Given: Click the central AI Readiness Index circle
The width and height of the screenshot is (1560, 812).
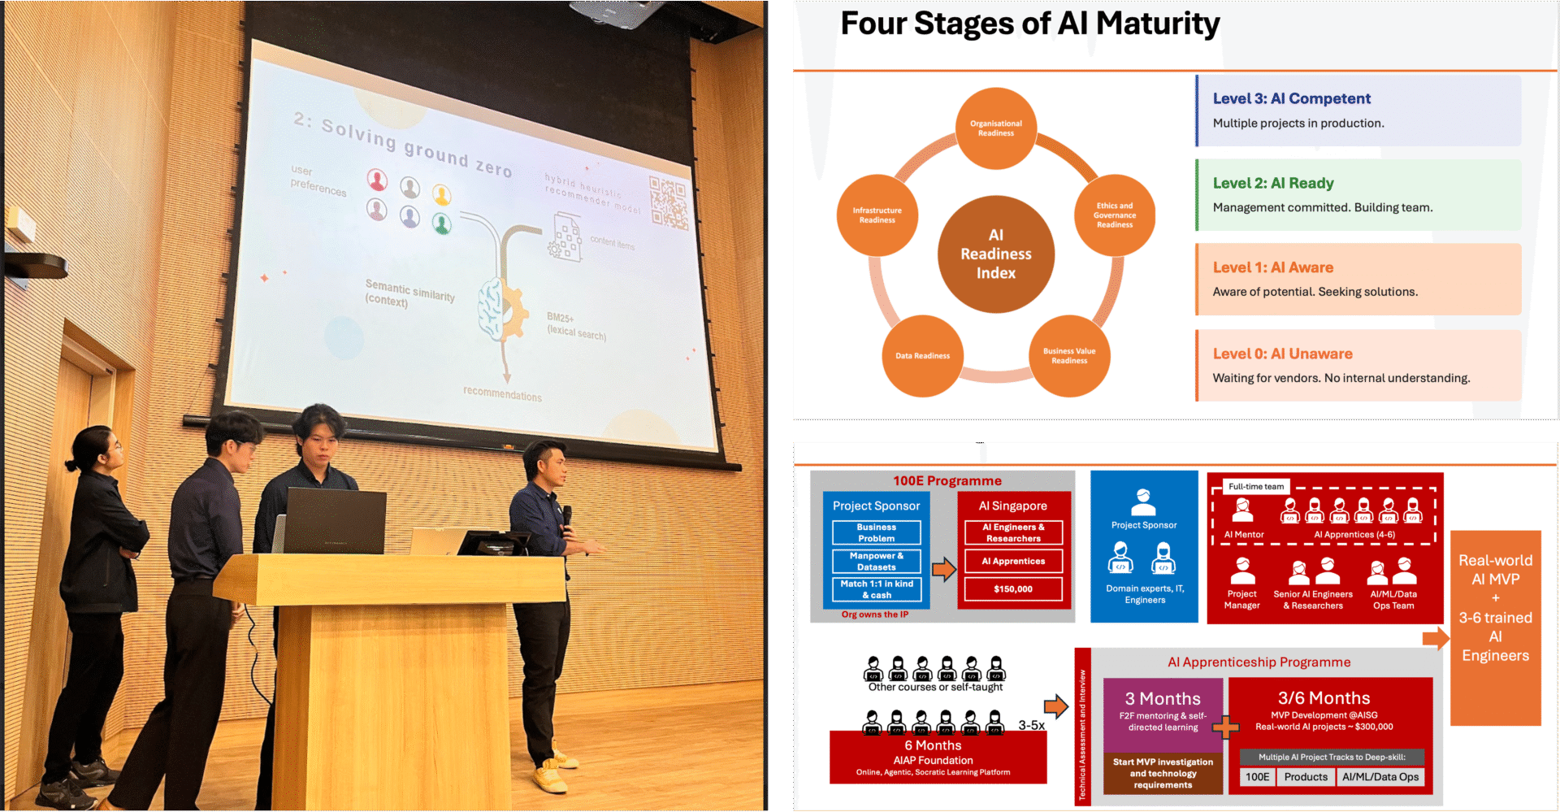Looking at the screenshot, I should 995,254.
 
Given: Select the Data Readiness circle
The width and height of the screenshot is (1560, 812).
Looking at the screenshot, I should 922,356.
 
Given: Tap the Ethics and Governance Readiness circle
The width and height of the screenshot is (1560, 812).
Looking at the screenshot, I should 1114,215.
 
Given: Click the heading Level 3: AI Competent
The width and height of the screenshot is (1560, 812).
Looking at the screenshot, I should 1291,99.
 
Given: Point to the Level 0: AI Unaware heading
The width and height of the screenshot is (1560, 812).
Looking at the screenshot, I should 1282,354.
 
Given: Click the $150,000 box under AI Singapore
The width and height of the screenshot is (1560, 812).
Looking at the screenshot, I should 1013,589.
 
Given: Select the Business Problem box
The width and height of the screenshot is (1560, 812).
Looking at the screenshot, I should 876,533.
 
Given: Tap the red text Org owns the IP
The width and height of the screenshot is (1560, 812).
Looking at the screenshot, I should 874,614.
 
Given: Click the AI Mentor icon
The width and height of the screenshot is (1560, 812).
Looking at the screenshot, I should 1242,511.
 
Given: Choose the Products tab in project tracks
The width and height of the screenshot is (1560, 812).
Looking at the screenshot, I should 1306,777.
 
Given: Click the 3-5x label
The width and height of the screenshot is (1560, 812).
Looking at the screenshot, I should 1031,725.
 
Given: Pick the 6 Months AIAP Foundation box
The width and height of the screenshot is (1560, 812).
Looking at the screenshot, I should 938,757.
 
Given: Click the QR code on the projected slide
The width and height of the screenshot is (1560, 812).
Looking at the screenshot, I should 668,202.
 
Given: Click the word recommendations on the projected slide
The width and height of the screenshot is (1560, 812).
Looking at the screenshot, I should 502,394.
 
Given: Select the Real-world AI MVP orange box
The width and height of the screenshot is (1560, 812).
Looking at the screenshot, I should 1495,627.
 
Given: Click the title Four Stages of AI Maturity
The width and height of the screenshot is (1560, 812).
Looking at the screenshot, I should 1029,24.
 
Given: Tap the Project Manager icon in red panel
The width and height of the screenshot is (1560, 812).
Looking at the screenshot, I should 1241,572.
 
